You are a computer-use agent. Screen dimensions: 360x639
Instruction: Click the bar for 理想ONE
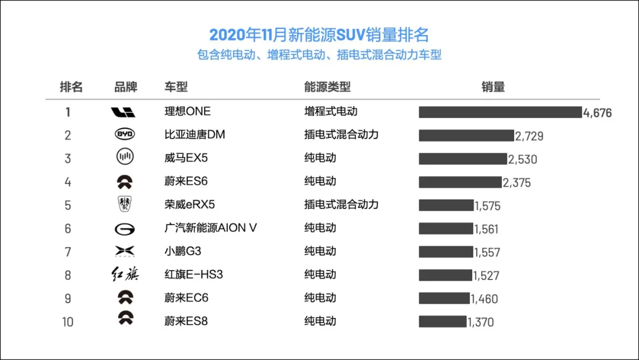click(500, 112)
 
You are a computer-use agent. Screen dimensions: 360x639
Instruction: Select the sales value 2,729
click(529, 136)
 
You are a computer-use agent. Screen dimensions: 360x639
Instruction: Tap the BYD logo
click(125, 135)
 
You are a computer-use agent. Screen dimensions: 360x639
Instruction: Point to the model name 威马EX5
click(186, 158)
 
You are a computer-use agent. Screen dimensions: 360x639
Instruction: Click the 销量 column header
click(493, 87)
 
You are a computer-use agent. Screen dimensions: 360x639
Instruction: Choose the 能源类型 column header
click(327, 87)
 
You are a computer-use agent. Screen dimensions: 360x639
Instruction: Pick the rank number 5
click(68, 205)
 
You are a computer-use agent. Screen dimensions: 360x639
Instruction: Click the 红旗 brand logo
click(125, 275)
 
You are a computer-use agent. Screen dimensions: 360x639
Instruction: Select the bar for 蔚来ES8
click(443, 322)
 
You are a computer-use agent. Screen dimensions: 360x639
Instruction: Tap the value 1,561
click(486, 229)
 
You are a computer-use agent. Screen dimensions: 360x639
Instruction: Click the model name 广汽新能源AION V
click(211, 228)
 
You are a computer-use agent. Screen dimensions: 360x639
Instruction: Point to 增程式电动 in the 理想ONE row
click(331, 111)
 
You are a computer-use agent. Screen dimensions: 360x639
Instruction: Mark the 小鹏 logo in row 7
click(125, 252)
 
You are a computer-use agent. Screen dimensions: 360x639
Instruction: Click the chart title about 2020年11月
click(319, 34)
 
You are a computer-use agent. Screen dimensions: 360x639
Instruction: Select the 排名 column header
click(71, 87)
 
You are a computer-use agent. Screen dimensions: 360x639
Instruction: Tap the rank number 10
click(67, 322)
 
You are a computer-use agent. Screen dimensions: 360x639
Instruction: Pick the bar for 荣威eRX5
click(446, 205)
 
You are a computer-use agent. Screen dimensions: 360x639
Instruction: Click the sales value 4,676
click(597, 113)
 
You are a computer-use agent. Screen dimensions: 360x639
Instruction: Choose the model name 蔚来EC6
click(186, 298)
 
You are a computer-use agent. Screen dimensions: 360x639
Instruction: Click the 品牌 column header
click(125, 87)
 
